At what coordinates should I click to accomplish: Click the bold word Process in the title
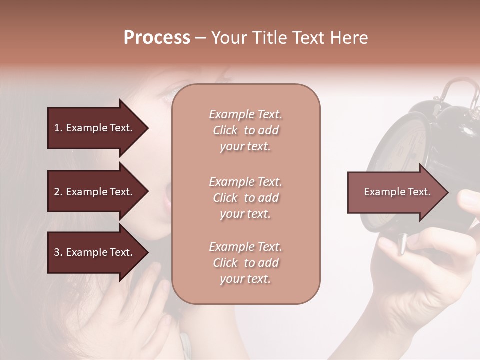pos(157,38)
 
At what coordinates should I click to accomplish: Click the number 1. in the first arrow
pos(58,128)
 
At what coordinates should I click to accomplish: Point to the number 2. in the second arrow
pos(58,192)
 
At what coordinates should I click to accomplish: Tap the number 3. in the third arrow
pos(58,252)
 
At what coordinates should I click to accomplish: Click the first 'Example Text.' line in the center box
pos(245,114)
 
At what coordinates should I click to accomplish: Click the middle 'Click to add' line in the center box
pos(245,198)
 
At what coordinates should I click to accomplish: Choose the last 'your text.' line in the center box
pos(245,279)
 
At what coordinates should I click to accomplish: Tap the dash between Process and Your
pos(201,38)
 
